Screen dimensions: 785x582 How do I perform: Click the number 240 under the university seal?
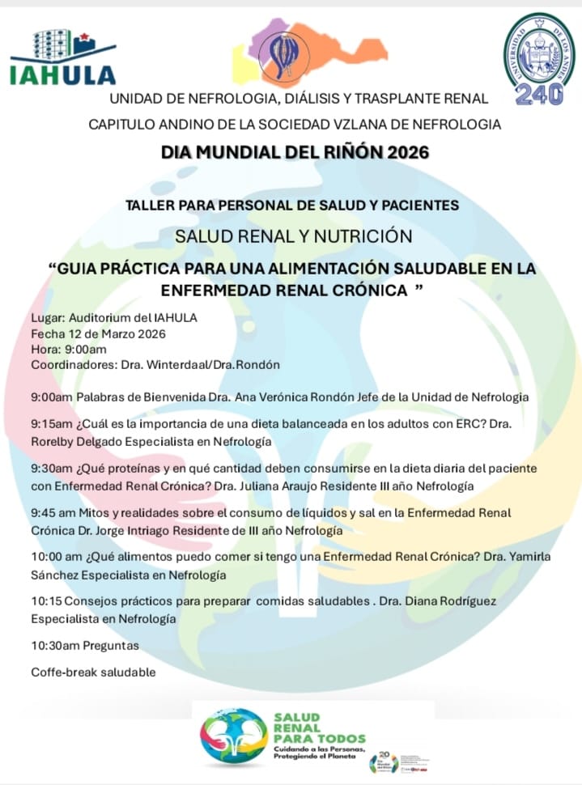539,94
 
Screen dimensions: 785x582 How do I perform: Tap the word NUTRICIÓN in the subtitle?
354,236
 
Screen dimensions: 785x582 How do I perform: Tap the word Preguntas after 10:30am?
109,646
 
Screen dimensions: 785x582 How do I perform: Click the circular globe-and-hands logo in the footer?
233,735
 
